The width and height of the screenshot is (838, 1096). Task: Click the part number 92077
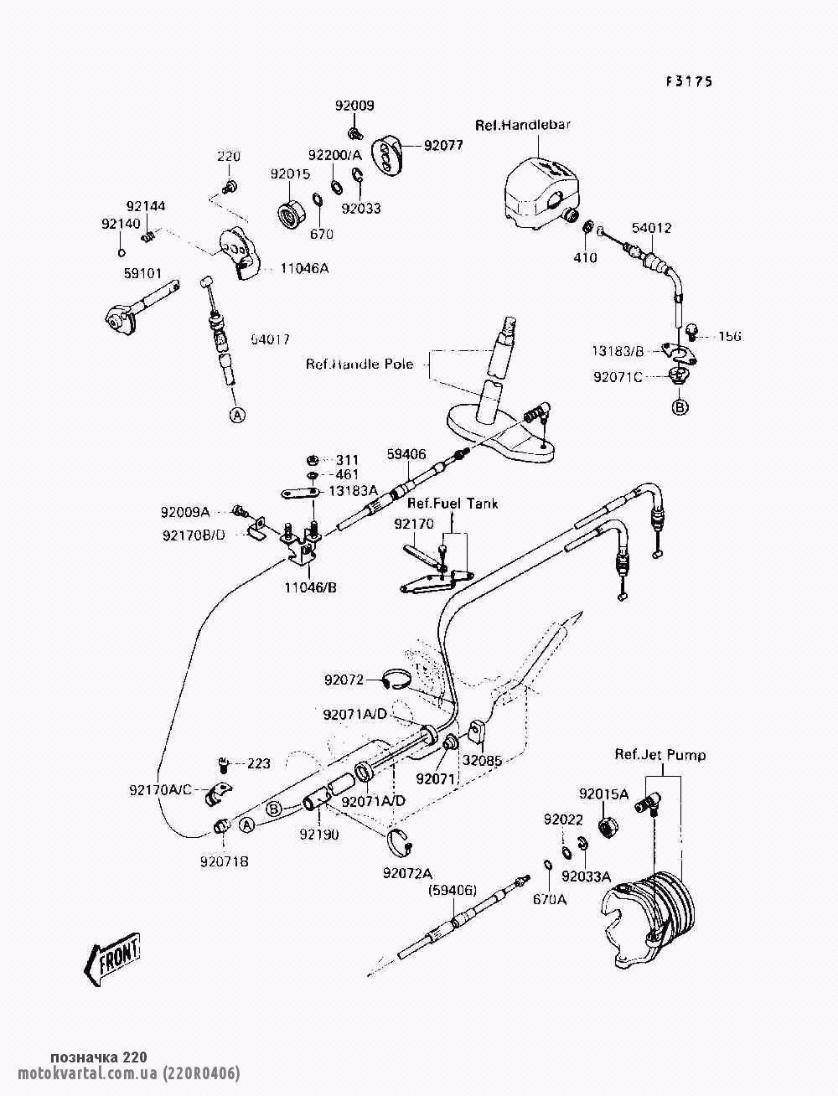443,145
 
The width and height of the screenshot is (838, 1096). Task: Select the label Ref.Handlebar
523,125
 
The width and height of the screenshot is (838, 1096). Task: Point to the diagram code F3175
689,81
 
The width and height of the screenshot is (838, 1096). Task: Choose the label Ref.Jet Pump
660,755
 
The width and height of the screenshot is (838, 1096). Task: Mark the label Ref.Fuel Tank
453,504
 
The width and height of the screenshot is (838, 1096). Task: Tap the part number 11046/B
309,587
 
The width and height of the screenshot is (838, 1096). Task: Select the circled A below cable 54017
237,414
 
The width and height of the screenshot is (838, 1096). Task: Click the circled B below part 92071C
680,407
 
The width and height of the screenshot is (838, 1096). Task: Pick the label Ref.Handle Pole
360,364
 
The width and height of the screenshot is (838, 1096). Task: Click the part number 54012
651,228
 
